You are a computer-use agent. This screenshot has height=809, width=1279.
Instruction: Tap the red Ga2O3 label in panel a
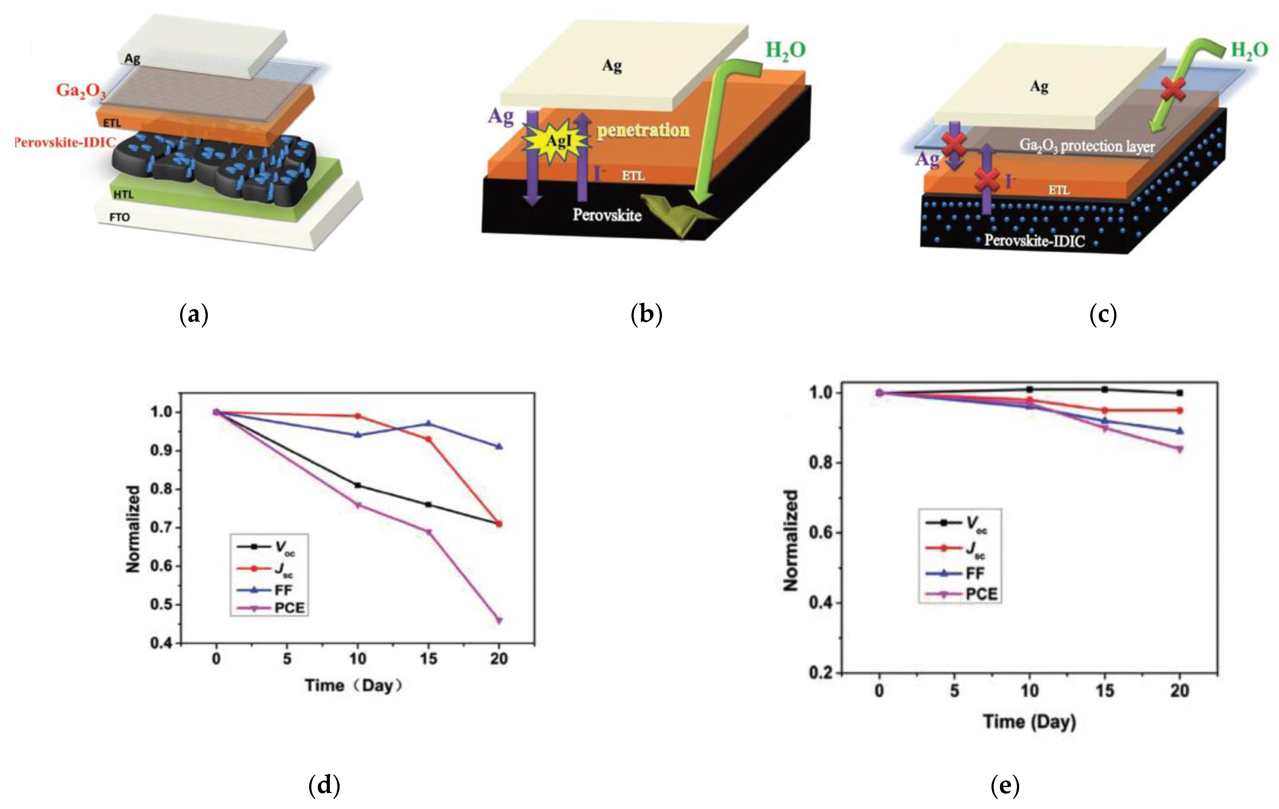tap(81, 90)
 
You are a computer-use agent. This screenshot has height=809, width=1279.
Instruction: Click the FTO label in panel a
tap(120, 217)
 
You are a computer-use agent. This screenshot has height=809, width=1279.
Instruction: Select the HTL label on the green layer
tap(123, 195)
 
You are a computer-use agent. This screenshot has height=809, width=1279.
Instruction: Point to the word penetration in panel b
tap(643, 130)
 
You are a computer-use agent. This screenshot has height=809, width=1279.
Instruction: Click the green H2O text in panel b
tap(785, 51)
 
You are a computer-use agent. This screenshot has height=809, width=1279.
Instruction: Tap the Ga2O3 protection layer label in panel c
tap(1087, 146)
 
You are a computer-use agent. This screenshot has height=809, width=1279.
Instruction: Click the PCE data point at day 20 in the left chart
tap(499, 620)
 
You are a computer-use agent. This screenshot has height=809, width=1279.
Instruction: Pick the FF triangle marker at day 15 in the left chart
tap(428, 423)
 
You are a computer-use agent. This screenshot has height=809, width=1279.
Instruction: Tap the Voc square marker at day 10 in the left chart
tap(357, 485)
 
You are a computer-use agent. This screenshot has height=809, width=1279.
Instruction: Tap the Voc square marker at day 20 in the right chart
tap(1180, 393)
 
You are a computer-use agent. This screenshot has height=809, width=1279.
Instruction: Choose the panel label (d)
tap(324, 785)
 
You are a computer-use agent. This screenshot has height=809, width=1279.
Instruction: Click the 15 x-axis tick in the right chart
tap(1105, 691)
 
